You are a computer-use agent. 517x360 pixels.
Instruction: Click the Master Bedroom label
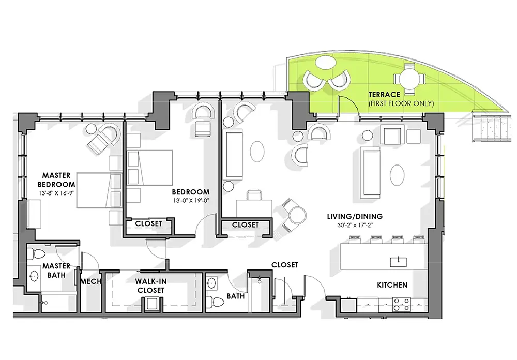pos(56,180)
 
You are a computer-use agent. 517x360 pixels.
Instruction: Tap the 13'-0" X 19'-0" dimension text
pos(191,200)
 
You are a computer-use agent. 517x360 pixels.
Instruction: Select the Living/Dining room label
pos(355,216)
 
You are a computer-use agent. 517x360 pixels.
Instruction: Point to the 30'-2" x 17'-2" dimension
pos(355,226)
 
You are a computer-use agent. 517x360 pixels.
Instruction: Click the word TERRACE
pos(384,95)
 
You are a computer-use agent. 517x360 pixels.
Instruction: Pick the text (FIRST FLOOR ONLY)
pos(401,103)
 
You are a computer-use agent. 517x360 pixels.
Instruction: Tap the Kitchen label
pos(392,285)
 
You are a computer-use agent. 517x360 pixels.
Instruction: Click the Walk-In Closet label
pos(150,286)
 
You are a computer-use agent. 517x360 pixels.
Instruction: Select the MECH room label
pos(90,281)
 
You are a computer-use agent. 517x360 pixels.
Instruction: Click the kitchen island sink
pos(398,262)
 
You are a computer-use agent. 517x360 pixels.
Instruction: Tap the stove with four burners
pos(402,305)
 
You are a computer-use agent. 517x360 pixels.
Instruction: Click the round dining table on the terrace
pos(409,79)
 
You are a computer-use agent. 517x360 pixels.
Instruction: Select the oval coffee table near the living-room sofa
pos(397,175)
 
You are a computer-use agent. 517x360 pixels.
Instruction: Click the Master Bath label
pos(56,270)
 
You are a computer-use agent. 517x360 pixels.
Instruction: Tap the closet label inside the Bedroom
pos(148,223)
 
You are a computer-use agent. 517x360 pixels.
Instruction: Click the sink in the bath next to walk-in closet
pos(211,283)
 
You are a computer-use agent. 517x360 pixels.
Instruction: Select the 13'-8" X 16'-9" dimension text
pos(57,193)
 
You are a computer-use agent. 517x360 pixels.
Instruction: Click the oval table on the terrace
pos(325,62)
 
